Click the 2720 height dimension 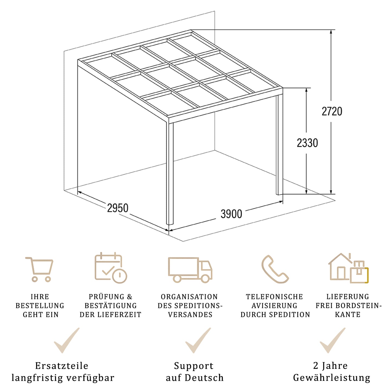(332, 111)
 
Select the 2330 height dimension (307, 143)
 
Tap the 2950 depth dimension (118, 208)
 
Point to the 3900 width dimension (231, 214)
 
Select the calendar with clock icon (111, 268)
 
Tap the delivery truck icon (190, 269)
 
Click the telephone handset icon (275, 269)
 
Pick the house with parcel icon (348, 269)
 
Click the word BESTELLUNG (40, 306)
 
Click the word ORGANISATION (189, 297)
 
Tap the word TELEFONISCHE (275, 297)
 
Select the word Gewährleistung (332, 378)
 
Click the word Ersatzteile (62, 366)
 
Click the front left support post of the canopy (170, 174)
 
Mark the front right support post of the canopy (279, 144)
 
